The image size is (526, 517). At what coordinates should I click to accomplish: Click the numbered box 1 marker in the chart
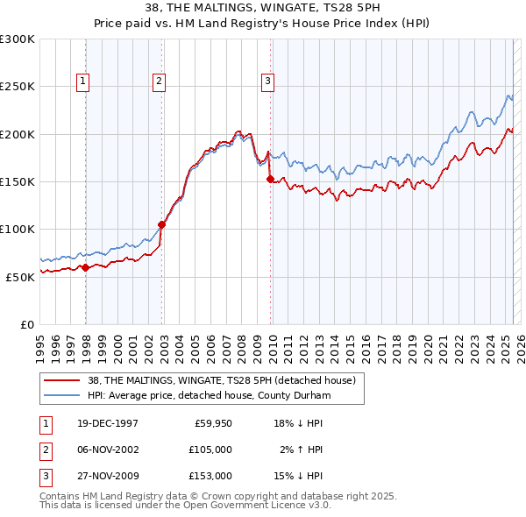click(x=82, y=81)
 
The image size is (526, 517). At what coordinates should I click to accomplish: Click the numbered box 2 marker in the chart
click(x=159, y=81)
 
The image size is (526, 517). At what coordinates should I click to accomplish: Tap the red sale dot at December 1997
click(x=86, y=268)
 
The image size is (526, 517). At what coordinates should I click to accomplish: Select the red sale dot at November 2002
click(x=162, y=224)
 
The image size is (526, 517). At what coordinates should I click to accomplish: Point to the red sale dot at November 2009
click(x=270, y=179)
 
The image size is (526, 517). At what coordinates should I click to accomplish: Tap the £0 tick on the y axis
click(x=26, y=324)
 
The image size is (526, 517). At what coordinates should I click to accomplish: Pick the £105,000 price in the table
click(x=211, y=450)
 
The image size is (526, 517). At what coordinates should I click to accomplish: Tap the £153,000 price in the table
click(x=211, y=476)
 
